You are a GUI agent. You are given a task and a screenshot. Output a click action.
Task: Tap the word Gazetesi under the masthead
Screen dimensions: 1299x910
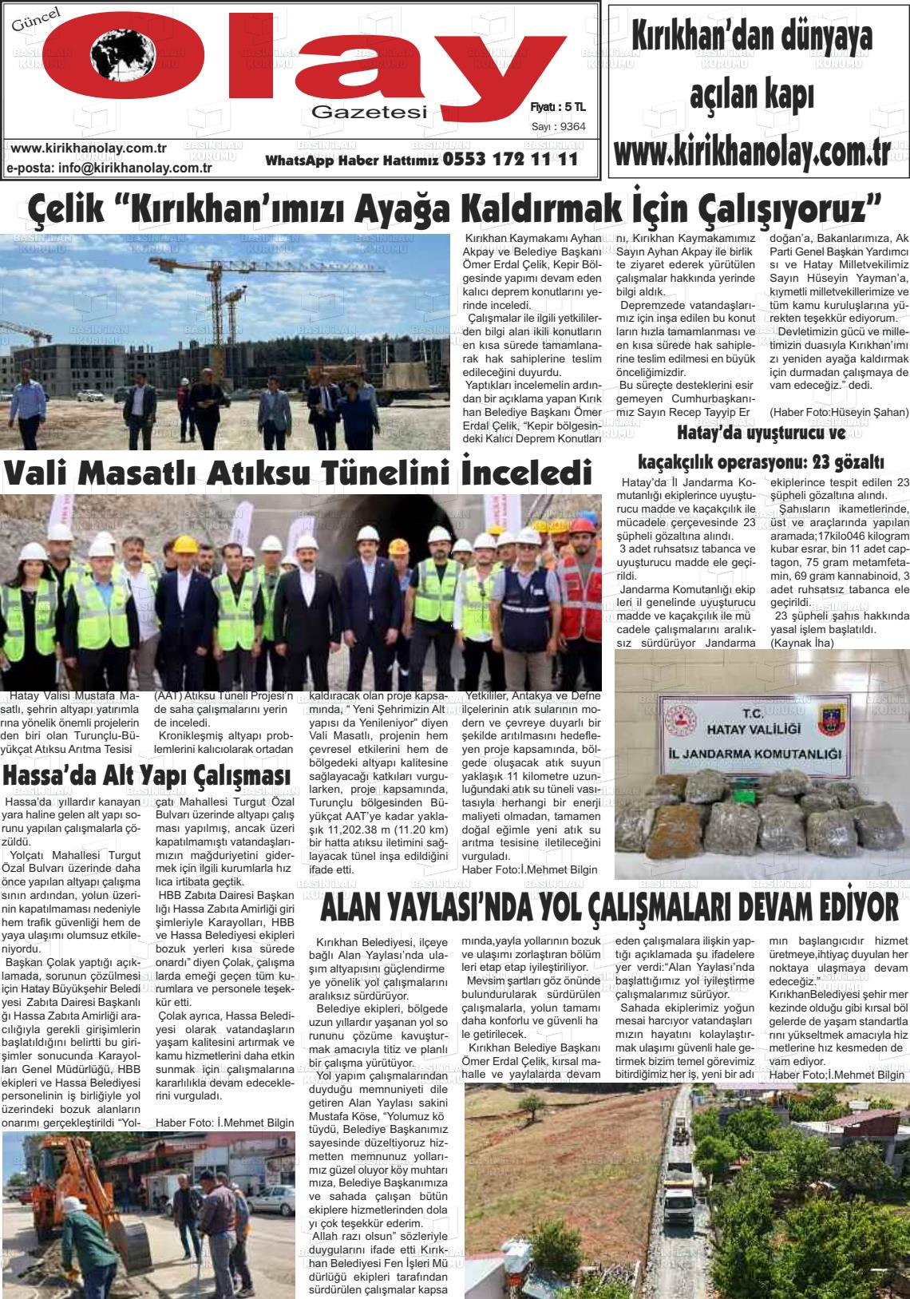pos(369,112)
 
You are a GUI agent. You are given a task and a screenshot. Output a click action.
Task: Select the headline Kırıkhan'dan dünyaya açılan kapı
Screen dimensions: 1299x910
pos(750,64)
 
